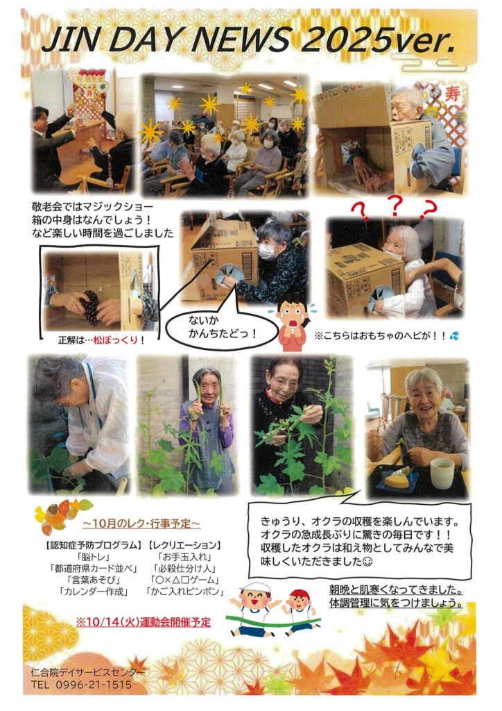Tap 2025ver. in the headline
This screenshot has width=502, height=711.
click(x=377, y=40)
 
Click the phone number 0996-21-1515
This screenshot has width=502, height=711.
click(x=94, y=685)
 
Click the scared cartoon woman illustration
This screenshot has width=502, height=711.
click(x=293, y=322)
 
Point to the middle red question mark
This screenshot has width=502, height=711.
click(x=395, y=206)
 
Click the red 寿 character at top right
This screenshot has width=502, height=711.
click(x=452, y=94)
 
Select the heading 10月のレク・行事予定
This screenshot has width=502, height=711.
click(x=141, y=524)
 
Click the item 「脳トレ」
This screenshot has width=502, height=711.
click(x=94, y=557)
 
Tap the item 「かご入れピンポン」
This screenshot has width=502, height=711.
click(x=184, y=592)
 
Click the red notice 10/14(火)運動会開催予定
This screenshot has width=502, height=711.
click(x=144, y=621)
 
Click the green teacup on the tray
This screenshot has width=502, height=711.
click(x=442, y=472)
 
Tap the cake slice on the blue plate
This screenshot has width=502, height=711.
click(x=395, y=478)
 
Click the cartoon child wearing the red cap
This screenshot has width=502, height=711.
click(x=298, y=611)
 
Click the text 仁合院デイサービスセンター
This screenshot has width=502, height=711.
click(x=88, y=672)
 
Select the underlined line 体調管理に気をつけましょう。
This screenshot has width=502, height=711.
click(x=396, y=603)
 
